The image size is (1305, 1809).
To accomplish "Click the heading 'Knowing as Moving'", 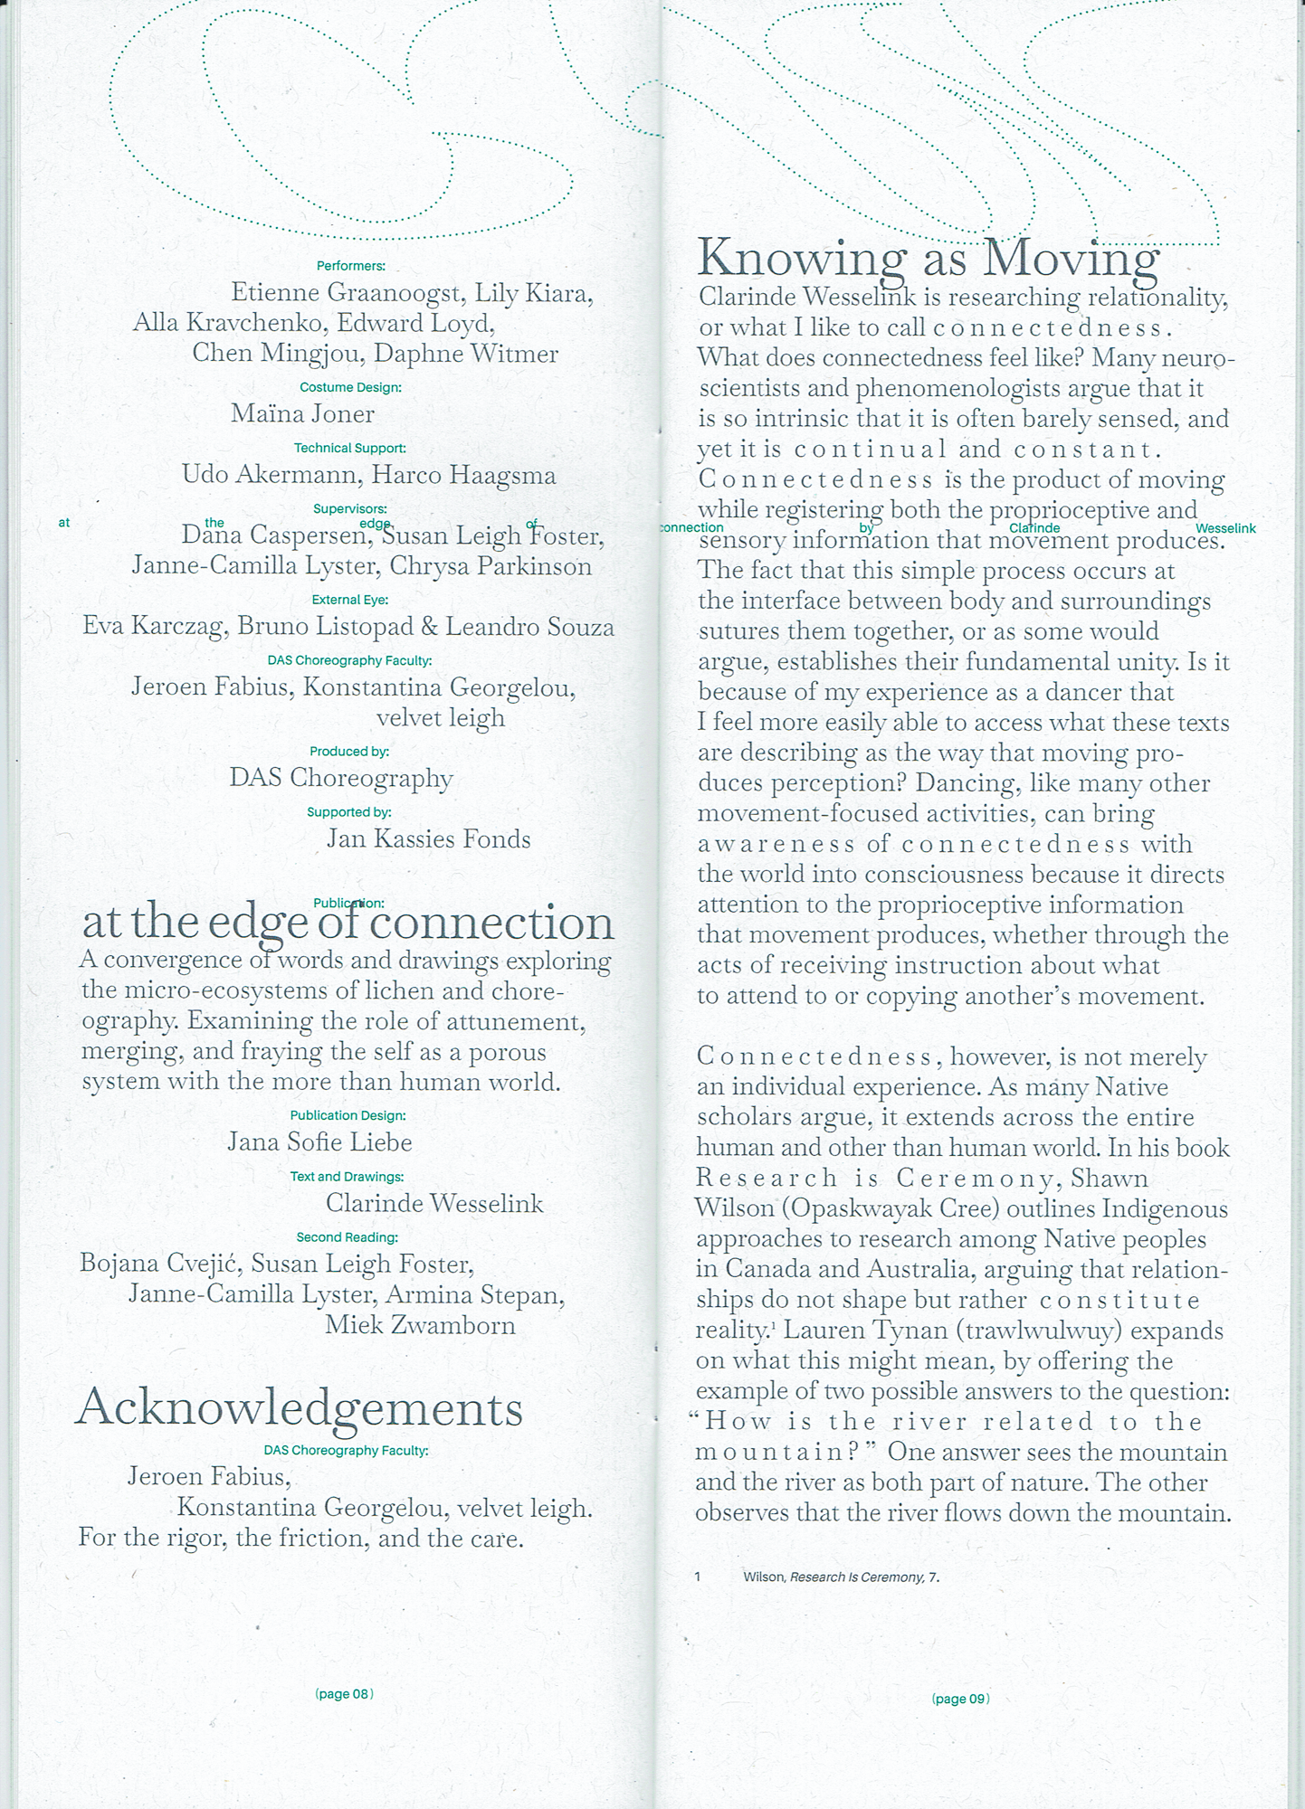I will pyautogui.click(x=928, y=258).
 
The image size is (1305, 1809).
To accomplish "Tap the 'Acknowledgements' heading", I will pyautogui.click(x=300, y=1408).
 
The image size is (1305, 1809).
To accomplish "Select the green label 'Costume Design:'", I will pyautogui.click(x=350, y=387).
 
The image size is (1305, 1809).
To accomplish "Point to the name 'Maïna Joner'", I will pyautogui.click(x=302, y=414).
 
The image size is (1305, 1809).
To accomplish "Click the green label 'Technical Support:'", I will pyautogui.click(x=349, y=448).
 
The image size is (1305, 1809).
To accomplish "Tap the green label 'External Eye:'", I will pyautogui.click(x=349, y=600).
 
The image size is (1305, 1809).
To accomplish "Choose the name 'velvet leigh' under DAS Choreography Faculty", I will pyautogui.click(x=440, y=718).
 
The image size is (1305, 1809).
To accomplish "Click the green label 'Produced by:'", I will pyautogui.click(x=349, y=752).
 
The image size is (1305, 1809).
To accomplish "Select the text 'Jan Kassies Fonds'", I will pyautogui.click(x=428, y=839).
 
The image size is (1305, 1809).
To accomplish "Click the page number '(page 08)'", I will pyautogui.click(x=344, y=1693).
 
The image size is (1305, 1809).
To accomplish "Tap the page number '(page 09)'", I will pyautogui.click(x=960, y=1699).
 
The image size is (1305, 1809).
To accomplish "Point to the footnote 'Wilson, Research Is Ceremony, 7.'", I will pyautogui.click(x=841, y=1577).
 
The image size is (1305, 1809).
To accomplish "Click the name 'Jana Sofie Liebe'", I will pyautogui.click(x=319, y=1142).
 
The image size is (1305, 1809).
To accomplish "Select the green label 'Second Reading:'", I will pyautogui.click(x=347, y=1237).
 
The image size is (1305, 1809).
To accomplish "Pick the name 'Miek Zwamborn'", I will pyautogui.click(x=420, y=1325).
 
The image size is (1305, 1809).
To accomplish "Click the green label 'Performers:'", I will pyautogui.click(x=350, y=266).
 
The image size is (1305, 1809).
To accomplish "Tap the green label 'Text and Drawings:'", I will pyautogui.click(x=347, y=1177).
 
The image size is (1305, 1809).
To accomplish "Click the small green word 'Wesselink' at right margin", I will pyautogui.click(x=1225, y=528).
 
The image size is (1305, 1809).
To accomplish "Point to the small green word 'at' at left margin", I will pyautogui.click(x=64, y=522).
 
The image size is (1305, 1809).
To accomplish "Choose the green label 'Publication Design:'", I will pyautogui.click(x=348, y=1115).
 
